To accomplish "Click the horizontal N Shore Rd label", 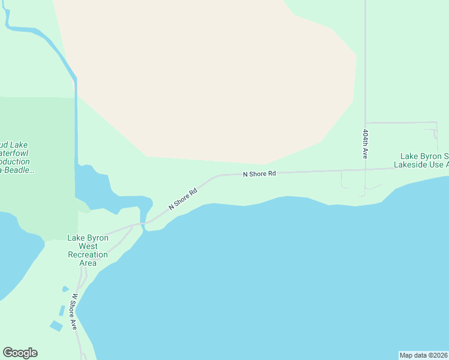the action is [x=259, y=174].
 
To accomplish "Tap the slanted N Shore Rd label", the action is [x=183, y=199].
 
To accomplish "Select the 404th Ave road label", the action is [x=365, y=143].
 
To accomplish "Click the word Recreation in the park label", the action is [x=88, y=254].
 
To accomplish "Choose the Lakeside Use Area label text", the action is [x=421, y=164].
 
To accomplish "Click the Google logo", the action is [x=20, y=353].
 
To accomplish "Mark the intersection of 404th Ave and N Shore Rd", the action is [x=365, y=170].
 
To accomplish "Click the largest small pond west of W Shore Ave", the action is [x=56, y=326].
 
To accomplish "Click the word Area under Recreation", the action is [x=88, y=263].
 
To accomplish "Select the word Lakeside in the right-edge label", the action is [x=412, y=164].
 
